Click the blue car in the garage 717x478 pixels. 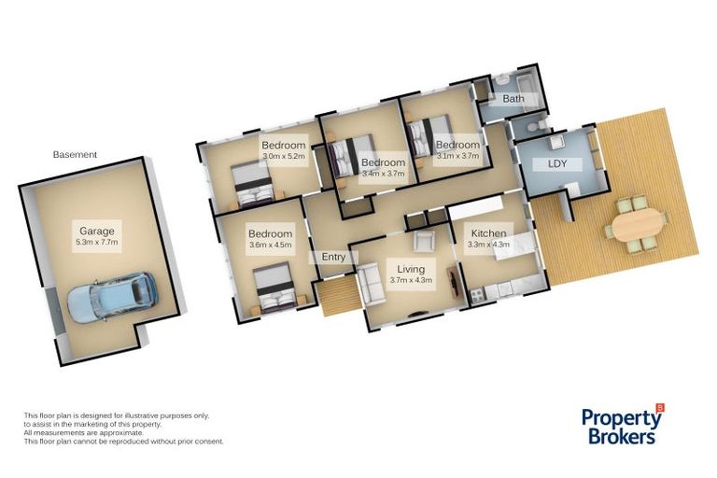tap(112, 297)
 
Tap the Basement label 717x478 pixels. tap(75, 155)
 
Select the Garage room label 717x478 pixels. tap(96, 231)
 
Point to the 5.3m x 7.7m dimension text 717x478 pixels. tap(96, 243)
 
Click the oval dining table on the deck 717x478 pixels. tap(640, 224)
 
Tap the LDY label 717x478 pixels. tap(544, 164)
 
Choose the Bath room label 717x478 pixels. tap(513, 98)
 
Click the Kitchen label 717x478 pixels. tap(488, 233)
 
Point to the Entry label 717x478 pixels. tap(333, 257)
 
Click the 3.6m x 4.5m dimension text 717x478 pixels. tap(270, 246)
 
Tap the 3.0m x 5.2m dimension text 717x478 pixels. tap(284, 157)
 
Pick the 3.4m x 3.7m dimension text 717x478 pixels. tap(383, 173)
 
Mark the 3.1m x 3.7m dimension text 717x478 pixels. tap(457, 157)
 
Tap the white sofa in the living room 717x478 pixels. tap(372, 285)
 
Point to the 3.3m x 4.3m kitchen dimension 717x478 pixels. tap(488, 246)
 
